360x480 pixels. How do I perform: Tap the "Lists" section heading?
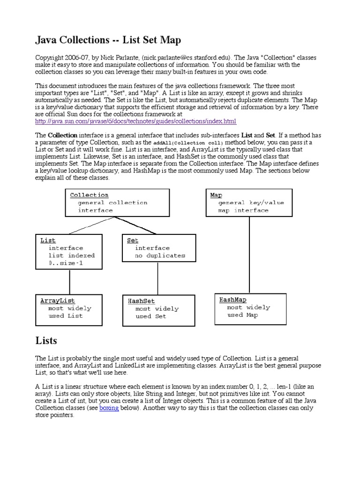pyautogui.click(x=46, y=339)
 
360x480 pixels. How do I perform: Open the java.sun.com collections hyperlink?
pyautogui.click(x=136, y=121)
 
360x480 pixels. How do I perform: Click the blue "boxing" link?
pyautogui.click(x=109, y=408)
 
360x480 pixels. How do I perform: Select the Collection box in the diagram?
pyautogui.click(x=117, y=203)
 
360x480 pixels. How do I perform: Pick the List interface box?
pyautogui.click(x=70, y=251)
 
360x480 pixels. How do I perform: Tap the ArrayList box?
pyautogui.click(x=70, y=309)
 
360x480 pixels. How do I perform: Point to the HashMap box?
pyautogui.click(x=250, y=308)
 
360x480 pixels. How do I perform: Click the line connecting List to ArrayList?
pyautogui.click(x=70, y=282)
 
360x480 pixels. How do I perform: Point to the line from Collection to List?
pyautogui.click(x=91, y=225)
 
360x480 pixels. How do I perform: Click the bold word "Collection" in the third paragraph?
pyautogui.click(x=62, y=135)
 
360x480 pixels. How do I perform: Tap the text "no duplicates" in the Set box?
pyautogui.click(x=160, y=256)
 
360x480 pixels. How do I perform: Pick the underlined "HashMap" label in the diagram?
pyautogui.click(x=232, y=300)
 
